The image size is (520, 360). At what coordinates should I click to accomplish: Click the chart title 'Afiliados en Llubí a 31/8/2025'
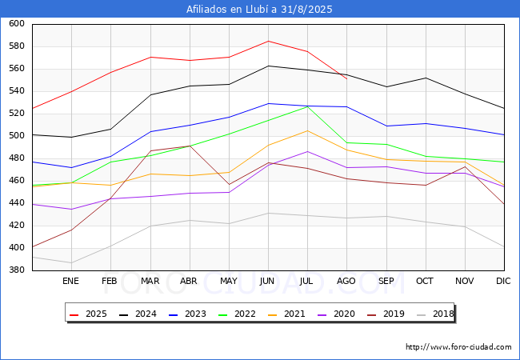click(259, 9)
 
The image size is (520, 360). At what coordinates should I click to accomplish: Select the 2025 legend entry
click(88, 314)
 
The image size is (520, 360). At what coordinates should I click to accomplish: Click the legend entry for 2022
click(237, 314)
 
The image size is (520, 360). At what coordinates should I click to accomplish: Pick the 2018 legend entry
click(435, 314)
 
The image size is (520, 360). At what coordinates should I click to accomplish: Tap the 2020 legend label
click(336, 314)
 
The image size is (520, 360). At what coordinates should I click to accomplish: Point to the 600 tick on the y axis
click(17, 23)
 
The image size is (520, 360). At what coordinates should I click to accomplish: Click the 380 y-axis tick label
click(17, 270)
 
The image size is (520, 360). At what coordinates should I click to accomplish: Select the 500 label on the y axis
click(17, 135)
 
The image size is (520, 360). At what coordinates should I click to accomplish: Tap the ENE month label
click(70, 281)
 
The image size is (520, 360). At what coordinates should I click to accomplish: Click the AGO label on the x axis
click(346, 281)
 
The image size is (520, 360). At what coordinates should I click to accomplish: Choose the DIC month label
click(503, 281)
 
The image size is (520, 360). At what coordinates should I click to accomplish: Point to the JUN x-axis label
click(267, 281)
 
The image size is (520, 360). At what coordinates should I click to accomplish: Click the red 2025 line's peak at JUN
click(268, 41)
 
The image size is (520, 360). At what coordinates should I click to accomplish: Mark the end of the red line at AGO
click(347, 79)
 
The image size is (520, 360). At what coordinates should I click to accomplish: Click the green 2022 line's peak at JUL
click(307, 106)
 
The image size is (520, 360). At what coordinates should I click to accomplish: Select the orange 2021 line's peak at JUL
click(307, 130)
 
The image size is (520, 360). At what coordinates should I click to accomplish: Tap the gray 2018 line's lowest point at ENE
click(71, 263)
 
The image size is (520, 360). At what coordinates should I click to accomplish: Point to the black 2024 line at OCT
click(426, 78)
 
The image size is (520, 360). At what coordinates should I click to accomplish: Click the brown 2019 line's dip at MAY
click(229, 185)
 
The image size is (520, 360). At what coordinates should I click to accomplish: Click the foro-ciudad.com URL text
click(458, 347)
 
